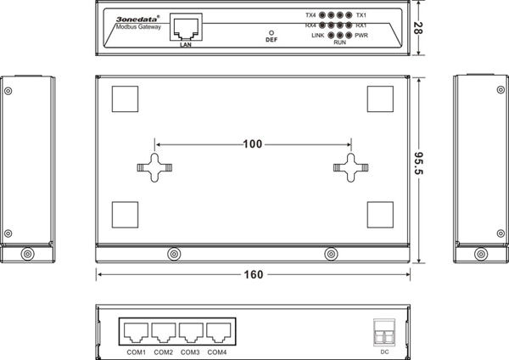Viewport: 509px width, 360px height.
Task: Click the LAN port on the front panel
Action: coord(186,27)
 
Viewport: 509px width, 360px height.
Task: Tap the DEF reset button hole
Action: coord(271,33)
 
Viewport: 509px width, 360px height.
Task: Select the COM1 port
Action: coord(136,332)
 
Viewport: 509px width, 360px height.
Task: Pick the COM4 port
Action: coord(219,332)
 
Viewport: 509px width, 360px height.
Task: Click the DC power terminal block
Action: coord(384,332)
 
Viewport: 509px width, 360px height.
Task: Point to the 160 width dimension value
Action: coord(253,275)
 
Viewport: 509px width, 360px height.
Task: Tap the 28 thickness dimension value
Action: coord(418,28)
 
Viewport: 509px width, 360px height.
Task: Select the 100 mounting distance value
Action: coord(253,144)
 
